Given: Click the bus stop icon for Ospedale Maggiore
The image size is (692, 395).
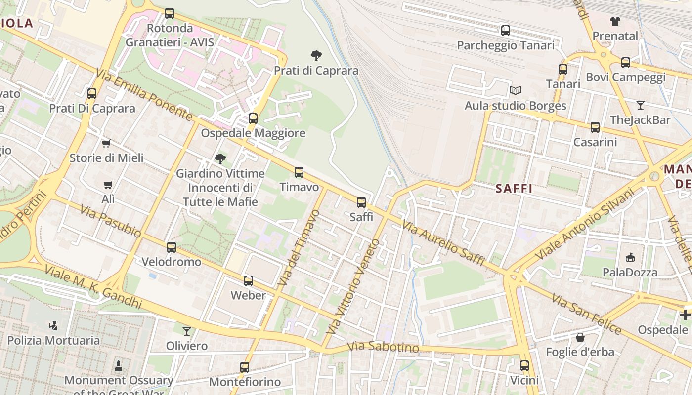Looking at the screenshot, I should [253, 118].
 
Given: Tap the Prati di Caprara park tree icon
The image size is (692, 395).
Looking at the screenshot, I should [316, 55].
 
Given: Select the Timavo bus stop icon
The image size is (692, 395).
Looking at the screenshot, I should [299, 172].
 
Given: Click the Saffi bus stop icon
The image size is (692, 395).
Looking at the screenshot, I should [361, 202].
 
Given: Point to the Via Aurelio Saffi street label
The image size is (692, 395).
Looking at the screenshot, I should [443, 243].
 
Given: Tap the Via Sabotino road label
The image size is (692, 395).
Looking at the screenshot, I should [383, 347].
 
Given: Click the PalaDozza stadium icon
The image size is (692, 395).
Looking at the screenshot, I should [630, 257].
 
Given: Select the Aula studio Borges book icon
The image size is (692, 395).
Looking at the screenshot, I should [516, 91].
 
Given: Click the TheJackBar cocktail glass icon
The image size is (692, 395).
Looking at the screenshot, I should [641, 105].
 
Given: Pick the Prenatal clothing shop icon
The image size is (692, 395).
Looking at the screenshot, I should [615, 21].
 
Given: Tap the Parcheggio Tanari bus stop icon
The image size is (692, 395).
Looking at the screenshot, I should [506, 31].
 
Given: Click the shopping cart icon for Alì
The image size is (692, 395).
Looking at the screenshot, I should [108, 185].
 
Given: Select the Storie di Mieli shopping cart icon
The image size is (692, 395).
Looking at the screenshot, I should [106, 143].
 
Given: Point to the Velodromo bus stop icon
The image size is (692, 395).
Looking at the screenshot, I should [172, 247].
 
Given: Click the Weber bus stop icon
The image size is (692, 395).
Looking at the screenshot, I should [249, 281].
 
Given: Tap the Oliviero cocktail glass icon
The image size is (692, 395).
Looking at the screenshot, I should [187, 331].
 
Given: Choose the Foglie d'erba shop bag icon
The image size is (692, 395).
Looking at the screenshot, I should [580, 337].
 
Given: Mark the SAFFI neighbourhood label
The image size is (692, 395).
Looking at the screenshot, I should [514, 188].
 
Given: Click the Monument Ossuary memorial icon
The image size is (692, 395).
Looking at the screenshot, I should [119, 366].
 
